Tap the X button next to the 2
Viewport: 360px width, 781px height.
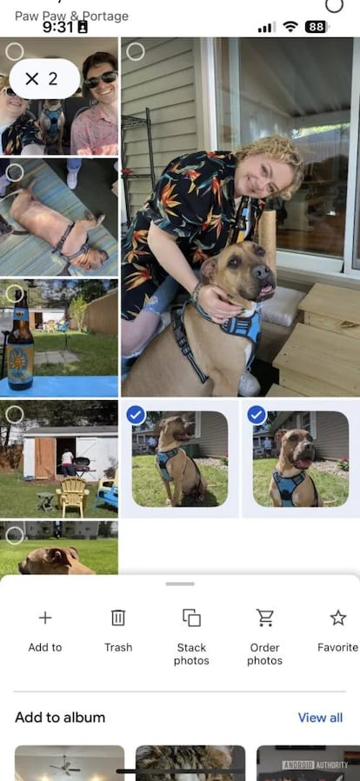(32, 79)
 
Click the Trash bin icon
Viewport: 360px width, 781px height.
(118, 617)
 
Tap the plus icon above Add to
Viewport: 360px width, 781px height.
(45, 617)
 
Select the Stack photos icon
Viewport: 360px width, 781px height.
(191, 617)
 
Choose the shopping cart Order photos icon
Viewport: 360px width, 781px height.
(264, 617)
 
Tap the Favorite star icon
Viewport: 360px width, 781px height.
(337, 617)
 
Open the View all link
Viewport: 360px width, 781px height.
(320, 718)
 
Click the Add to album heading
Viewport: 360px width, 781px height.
(60, 718)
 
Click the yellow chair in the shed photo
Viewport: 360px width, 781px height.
(72, 495)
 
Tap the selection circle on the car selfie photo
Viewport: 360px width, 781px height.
(15, 51)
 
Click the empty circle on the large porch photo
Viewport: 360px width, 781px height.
(136, 51)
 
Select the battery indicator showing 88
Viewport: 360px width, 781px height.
(316, 27)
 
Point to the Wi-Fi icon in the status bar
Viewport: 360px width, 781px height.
(290, 27)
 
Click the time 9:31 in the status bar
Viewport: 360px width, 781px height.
(58, 27)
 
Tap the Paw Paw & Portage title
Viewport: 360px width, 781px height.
(71, 16)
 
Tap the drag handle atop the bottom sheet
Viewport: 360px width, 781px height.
(180, 584)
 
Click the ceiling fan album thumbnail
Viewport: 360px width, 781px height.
(70, 763)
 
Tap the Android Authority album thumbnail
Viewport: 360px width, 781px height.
(308, 763)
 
